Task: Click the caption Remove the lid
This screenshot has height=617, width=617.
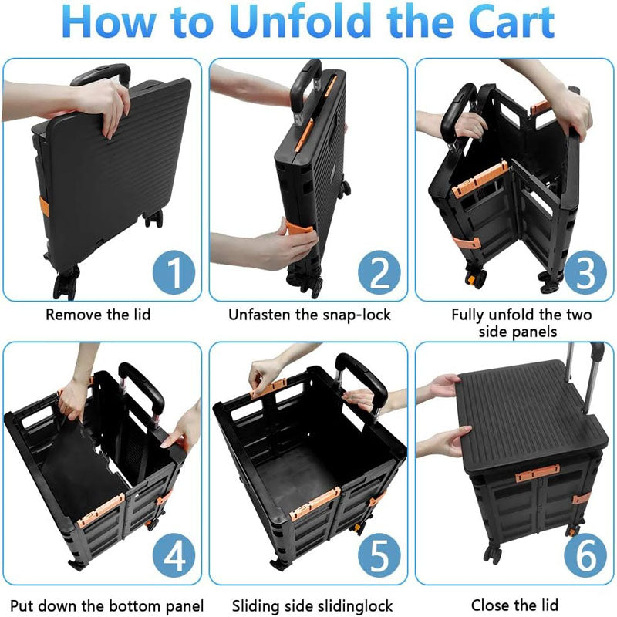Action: click(98, 315)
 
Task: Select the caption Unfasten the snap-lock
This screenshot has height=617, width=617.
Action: click(308, 315)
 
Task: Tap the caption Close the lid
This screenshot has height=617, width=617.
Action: click(514, 605)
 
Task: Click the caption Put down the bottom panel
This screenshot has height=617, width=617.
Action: click(103, 605)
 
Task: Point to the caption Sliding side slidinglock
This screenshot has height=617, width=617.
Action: click(308, 605)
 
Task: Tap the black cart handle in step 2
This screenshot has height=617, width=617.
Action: click(308, 73)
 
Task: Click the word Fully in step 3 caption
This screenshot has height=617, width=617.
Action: click(467, 315)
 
